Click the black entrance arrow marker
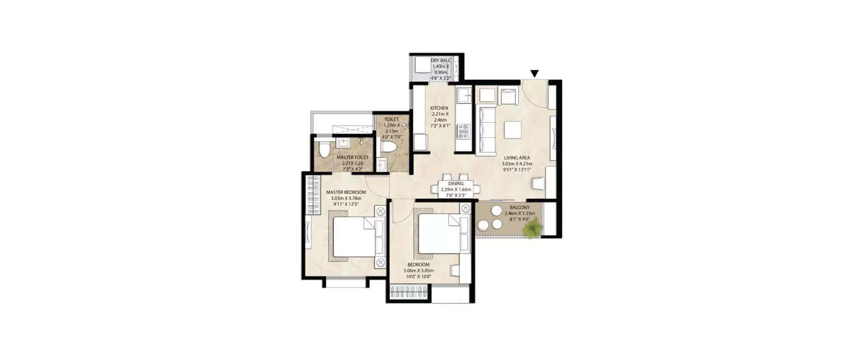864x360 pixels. [x=535, y=73]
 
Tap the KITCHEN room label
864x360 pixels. [x=439, y=108]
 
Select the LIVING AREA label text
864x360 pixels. [x=517, y=157]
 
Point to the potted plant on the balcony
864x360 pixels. [x=533, y=229]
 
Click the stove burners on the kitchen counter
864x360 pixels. [x=463, y=132]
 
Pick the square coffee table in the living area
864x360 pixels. [x=513, y=130]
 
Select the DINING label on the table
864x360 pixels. [x=456, y=184]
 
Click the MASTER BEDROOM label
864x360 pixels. [x=346, y=192]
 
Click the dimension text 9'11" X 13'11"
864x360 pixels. [x=516, y=170]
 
